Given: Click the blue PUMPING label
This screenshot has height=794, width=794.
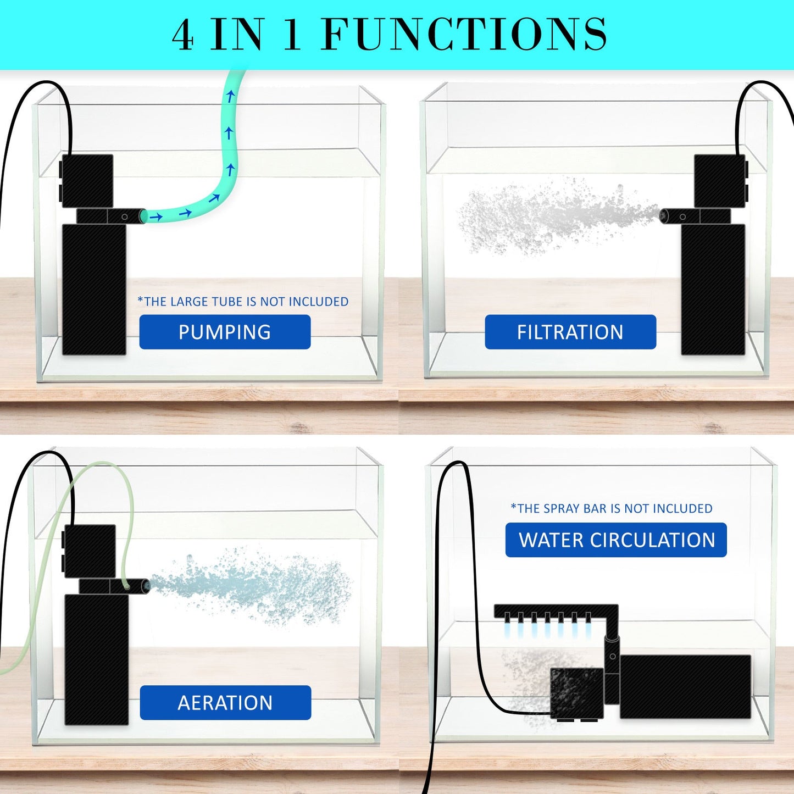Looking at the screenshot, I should click(x=225, y=332).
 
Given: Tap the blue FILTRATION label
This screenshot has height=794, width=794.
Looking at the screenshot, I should click(x=570, y=332).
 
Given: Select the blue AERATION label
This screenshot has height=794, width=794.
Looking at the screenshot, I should click(x=225, y=702).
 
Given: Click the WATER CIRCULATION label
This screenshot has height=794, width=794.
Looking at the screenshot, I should click(x=616, y=540).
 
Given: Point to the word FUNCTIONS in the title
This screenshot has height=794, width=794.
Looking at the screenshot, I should click(x=464, y=34).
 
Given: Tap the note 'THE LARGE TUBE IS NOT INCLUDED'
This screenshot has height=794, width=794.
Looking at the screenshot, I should click(x=243, y=302).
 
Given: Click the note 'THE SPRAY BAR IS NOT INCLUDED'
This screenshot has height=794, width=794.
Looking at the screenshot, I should click(x=612, y=508).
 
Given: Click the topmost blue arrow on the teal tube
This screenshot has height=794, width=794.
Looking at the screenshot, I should click(x=231, y=97).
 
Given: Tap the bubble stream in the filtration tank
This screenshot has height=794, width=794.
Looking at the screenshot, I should click(x=549, y=217).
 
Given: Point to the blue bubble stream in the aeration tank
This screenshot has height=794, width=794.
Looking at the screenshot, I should click(x=253, y=585).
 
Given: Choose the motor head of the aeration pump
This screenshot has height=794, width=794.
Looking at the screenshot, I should click(x=89, y=551).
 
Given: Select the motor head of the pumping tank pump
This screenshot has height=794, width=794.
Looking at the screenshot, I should click(x=87, y=181).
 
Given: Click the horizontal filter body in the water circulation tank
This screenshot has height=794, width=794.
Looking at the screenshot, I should click(x=685, y=686).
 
